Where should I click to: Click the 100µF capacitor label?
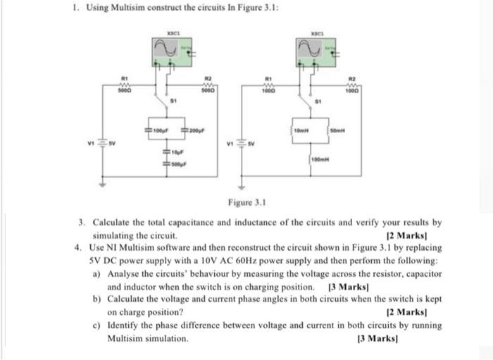click(x=159, y=131)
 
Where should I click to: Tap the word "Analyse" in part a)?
click(x=127, y=272)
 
